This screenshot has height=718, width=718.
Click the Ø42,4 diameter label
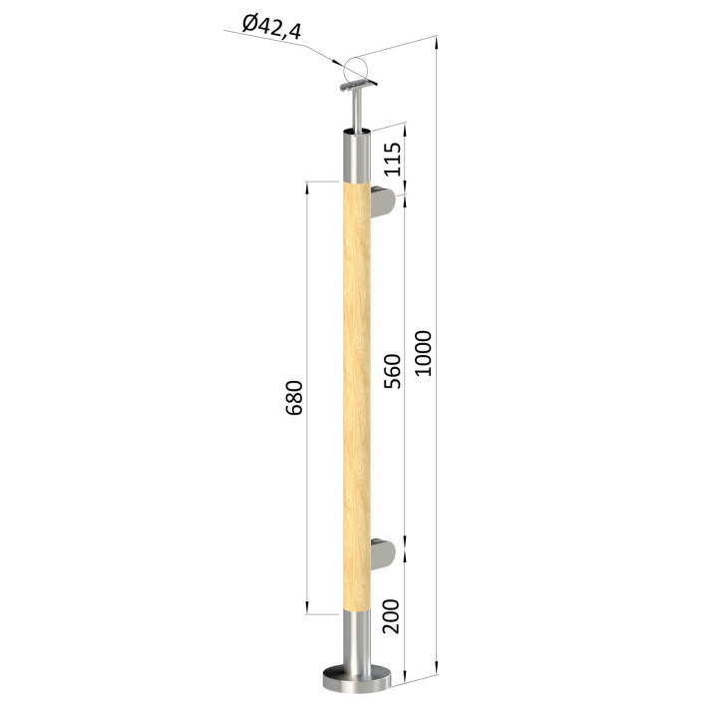click(271, 28)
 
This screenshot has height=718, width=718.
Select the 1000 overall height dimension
click(424, 353)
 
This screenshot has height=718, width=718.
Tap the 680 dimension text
click(294, 398)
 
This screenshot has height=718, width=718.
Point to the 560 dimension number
click(392, 371)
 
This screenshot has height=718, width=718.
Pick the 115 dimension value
click(392, 159)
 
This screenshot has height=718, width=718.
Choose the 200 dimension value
click(391, 616)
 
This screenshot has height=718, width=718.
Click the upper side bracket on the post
click(383, 201)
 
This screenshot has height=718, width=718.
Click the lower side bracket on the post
click(383, 555)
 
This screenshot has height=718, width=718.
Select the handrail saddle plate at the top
click(359, 86)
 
